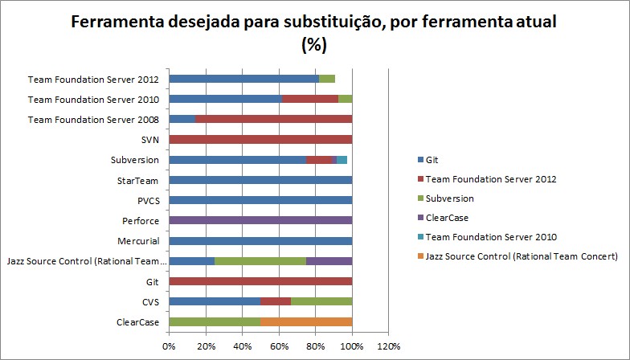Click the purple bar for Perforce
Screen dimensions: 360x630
point(260,220)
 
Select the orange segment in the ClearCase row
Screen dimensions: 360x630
point(306,321)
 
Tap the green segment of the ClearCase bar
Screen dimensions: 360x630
point(215,321)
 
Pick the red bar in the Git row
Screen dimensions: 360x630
point(260,281)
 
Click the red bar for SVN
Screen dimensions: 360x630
point(260,139)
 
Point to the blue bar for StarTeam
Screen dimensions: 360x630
point(260,180)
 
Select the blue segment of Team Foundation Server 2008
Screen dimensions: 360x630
point(182,119)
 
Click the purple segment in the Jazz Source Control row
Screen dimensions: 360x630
point(329,261)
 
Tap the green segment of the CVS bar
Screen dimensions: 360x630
point(323,301)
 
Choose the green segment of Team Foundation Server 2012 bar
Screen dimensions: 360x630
point(327,79)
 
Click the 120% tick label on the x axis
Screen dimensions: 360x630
point(388,346)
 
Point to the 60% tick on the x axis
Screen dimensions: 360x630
point(279,346)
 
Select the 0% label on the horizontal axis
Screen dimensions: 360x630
point(169,346)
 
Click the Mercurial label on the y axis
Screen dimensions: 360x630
point(137,241)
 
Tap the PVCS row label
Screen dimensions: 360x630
point(145,200)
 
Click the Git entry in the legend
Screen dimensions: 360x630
point(432,160)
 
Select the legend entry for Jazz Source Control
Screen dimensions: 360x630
point(515,256)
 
